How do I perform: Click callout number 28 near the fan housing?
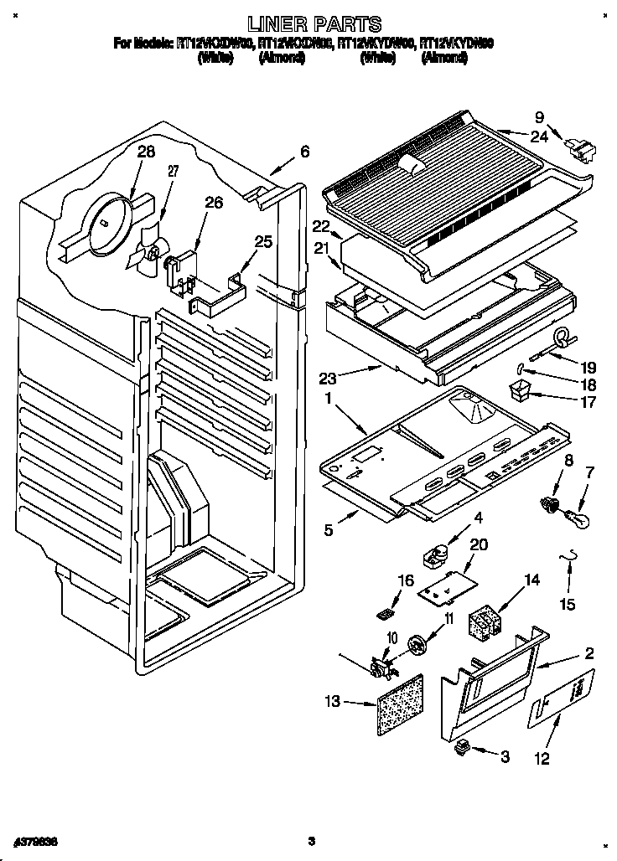[147, 152]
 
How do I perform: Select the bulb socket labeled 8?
[549, 504]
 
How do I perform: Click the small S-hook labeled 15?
[572, 559]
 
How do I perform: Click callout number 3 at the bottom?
[505, 756]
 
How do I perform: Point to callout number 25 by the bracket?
[263, 243]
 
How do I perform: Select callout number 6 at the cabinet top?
[304, 152]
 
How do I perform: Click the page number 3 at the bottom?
[310, 840]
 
